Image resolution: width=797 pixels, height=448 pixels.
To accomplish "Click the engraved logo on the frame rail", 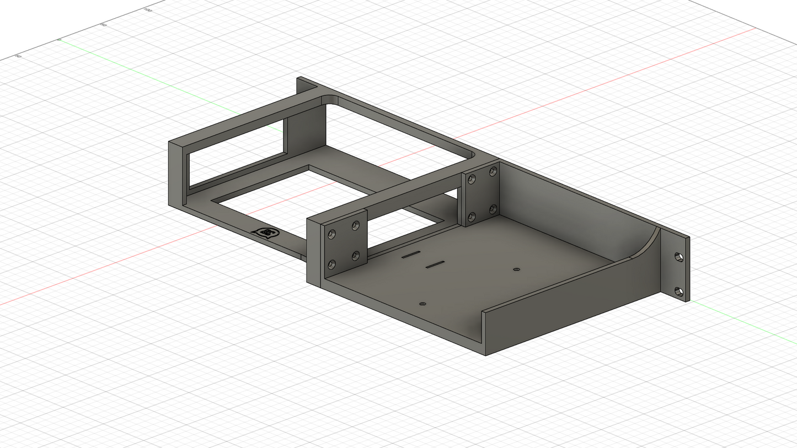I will pyautogui.click(x=266, y=233).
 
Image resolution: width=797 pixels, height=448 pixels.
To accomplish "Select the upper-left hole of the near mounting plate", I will pyautogui.click(x=331, y=234).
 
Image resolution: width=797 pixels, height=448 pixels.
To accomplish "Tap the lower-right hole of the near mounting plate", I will pyautogui.click(x=356, y=256).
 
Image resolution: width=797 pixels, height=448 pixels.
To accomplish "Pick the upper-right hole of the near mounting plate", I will pyautogui.click(x=356, y=225).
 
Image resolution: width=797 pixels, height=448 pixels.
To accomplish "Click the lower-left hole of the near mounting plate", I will pyautogui.click(x=331, y=265).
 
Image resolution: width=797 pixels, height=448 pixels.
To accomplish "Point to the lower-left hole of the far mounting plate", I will pyautogui.click(x=472, y=216).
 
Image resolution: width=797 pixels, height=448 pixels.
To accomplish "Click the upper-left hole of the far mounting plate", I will pyautogui.click(x=472, y=180).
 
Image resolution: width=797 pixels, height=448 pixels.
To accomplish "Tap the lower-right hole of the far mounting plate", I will pyautogui.click(x=493, y=209).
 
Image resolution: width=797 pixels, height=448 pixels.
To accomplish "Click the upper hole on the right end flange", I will pyautogui.click(x=679, y=257).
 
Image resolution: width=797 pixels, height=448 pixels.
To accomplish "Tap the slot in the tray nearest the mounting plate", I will pyautogui.click(x=411, y=254).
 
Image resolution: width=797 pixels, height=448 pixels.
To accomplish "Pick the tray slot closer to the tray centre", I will pyautogui.click(x=435, y=265).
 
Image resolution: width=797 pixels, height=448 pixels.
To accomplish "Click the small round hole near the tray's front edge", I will pyautogui.click(x=423, y=304).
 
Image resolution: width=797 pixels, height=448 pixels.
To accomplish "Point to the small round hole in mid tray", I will pyautogui.click(x=516, y=269).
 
